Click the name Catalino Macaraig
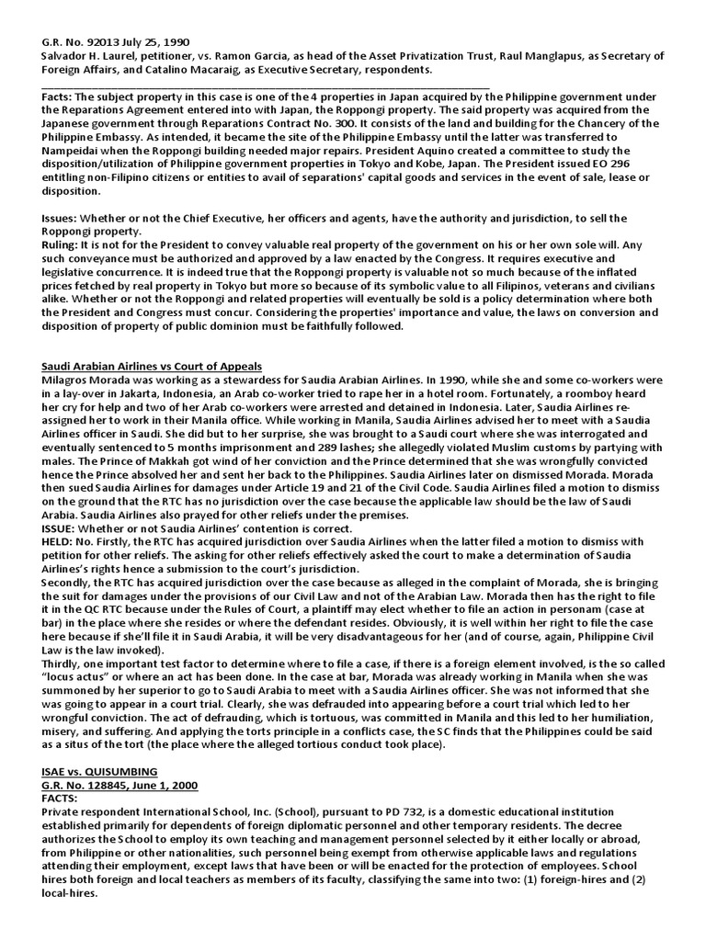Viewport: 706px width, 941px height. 170,71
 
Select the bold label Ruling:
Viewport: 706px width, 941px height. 63,246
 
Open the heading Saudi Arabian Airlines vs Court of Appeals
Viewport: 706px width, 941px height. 152,367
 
